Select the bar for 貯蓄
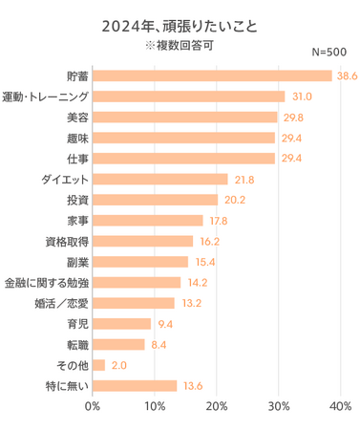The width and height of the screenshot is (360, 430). [212, 75]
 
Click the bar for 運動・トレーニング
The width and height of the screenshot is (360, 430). [188, 97]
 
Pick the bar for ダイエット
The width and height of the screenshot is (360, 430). [159, 179]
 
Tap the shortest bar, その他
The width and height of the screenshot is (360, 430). [98, 365]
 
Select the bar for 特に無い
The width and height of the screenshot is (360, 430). [135, 386]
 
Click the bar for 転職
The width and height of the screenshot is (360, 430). [118, 344]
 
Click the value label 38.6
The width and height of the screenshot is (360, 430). [346, 75]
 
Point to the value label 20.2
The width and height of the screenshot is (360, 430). [233, 200]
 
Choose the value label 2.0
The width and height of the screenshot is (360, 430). [119, 365]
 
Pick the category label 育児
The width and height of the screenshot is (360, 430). [76, 324]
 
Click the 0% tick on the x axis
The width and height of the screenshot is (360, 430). [93, 407]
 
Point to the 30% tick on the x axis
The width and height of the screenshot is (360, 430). [279, 407]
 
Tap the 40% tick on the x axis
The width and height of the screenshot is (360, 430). [340, 407]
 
